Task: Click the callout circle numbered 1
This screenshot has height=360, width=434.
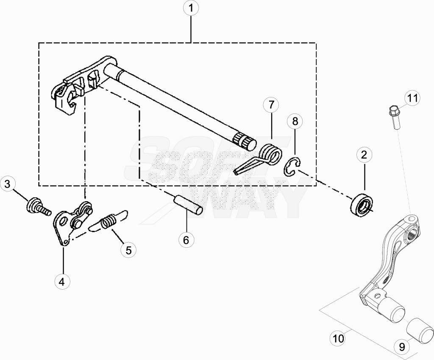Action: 191,8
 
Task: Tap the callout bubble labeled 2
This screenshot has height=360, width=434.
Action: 364,155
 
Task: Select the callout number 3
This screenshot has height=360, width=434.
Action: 8,183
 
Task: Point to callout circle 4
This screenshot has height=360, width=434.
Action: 62,282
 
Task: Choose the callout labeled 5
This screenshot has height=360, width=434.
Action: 128,250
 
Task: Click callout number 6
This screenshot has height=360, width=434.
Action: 186,240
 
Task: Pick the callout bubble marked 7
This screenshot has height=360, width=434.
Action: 271,105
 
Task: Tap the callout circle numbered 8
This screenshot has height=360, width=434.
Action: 295,121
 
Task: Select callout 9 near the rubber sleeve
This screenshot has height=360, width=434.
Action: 402,346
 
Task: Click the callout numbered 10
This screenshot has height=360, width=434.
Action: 338,338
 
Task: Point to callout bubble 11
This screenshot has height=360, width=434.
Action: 412,98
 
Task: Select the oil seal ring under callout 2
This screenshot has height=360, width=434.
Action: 362,204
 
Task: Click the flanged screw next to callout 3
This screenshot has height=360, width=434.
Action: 38,207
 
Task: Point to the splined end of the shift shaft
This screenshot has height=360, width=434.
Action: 245,141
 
